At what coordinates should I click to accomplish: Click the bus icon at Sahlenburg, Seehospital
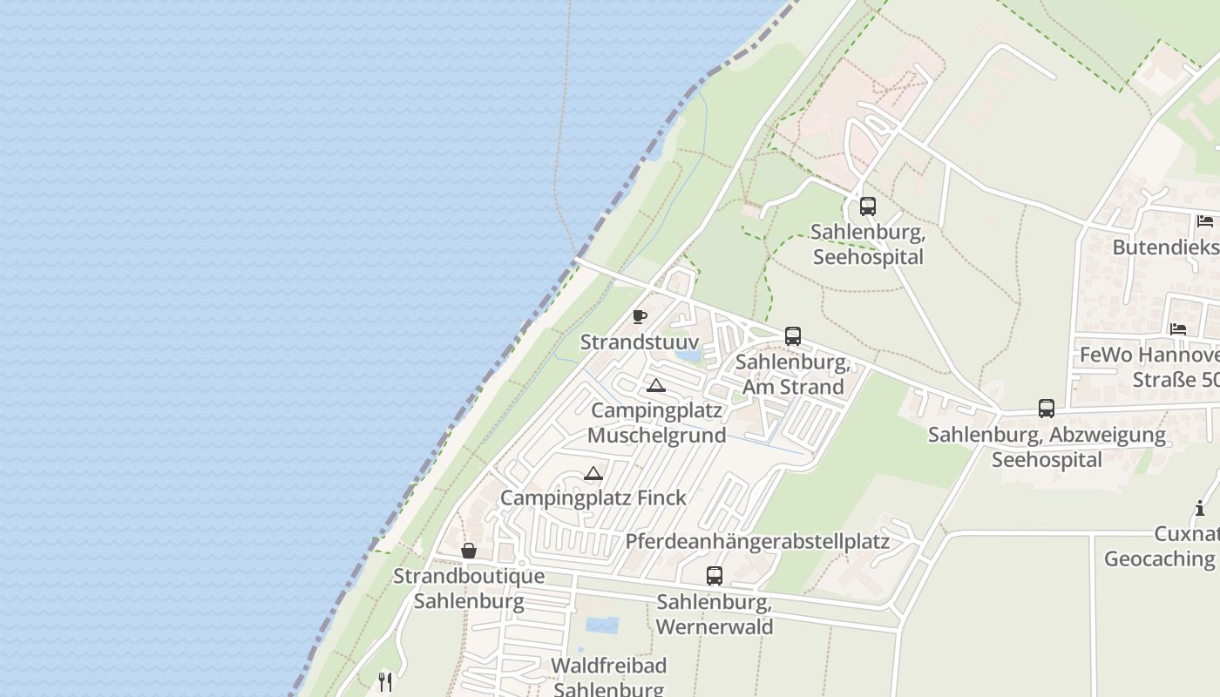(x=867, y=206)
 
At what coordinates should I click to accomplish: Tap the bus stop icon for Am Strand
(x=792, y=335)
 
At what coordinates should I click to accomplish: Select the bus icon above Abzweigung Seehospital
(x=1046, y=408)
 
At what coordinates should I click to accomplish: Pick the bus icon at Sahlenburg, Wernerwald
(x=714, y=575)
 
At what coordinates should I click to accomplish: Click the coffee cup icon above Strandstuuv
(x=640, y=315)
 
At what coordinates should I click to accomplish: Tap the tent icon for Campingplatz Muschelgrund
(x=655, y=385)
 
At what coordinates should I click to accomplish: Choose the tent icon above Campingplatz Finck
(x=593, y=473)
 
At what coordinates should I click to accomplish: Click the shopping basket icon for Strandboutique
(x=468, y=551)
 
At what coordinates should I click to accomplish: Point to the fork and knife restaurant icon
(x=385, y=681)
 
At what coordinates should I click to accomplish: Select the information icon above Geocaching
(x=1199, y=508)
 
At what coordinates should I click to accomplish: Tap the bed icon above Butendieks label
(x=1204, y=221)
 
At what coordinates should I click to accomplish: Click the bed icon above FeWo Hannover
(x=1178, y=329)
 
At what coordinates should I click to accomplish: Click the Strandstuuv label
(x=639, y=342)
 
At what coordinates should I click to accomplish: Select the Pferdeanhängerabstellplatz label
(x=756, y=541)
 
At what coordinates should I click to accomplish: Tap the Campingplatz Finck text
(x=593, y=497)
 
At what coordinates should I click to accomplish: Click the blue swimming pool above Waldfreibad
(x=601, y=625)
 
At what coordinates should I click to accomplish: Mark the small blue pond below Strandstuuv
(x=687, y=355)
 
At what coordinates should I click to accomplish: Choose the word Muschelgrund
(x=656, y=435)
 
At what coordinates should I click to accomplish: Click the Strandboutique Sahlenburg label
(x=469, y=588)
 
